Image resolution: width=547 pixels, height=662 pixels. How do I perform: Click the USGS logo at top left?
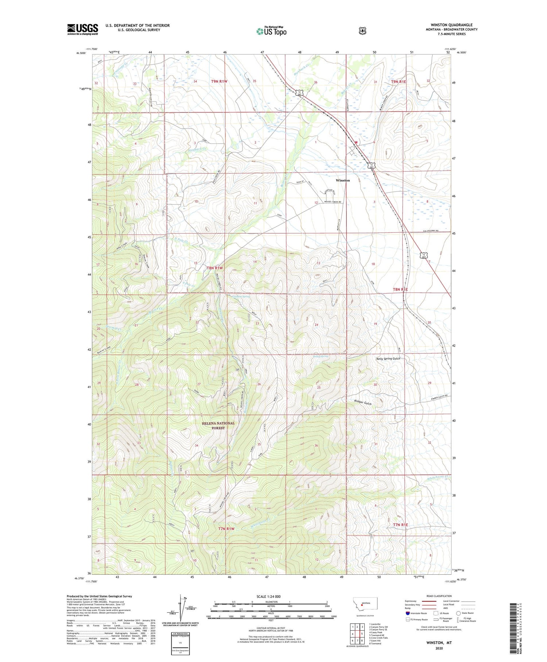(82, 29)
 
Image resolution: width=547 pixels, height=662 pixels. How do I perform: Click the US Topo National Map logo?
(271, 31)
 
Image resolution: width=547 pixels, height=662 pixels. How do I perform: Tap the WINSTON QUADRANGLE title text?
(451, 25)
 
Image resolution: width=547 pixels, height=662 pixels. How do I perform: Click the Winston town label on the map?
(342, 180)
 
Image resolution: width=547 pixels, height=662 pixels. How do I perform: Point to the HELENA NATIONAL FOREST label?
(218, 425)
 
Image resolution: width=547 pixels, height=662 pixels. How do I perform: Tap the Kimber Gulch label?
(362, 402)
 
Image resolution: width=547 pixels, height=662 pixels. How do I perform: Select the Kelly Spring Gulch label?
(388, 359)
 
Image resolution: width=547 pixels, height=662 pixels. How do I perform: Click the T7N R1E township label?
(400, 525)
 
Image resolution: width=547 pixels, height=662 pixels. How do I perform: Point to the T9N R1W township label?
(219, 81)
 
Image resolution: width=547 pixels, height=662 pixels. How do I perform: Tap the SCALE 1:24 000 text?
(269, 596)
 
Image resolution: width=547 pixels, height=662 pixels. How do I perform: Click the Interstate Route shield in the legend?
(407, 613)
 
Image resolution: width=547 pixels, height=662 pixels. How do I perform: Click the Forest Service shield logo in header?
(362, 31)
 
